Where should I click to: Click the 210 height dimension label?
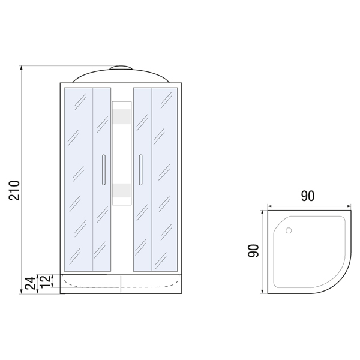click(x=14, y=190)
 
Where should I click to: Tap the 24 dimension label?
click(x=31, y=283)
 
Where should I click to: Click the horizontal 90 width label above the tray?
click(x=308, y=196)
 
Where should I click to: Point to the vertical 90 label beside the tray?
click(x=253, y=250)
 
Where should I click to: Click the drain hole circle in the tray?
click(x=289, y=230)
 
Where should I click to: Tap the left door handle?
click(x=104, y=170)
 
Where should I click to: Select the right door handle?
click(x=140, y=170)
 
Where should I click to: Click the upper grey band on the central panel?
click(x=122, y=116)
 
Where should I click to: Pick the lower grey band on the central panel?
click(x=122, y=191)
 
